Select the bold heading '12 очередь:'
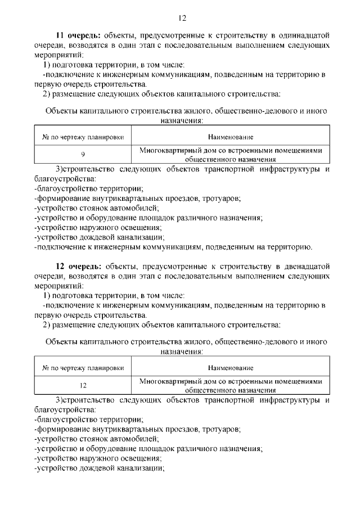[x=78, y=266]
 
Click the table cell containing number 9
[x=83, y=155]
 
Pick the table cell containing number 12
[x=83, y=385]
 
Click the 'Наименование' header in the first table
[x=230, y=137]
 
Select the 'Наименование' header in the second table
[x=230, y=368]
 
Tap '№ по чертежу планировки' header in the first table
[x=83, y=137]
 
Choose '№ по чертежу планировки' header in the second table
[x=83, y=368]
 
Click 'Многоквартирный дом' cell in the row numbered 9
[x=230, y=155]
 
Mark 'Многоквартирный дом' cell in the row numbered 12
[x=230, y=385]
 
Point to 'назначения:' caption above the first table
[x=181, y=120]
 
